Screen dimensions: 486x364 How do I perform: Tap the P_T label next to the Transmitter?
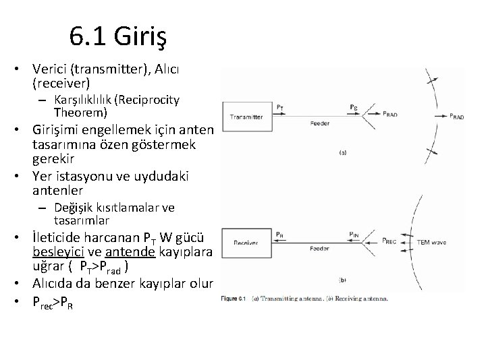coord(280,106)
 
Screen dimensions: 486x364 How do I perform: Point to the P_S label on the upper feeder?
coord(354,107)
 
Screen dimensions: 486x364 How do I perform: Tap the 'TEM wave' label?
coord(433,242)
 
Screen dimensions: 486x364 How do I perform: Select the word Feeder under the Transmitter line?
coord(319,123)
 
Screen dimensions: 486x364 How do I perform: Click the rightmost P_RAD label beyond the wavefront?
coord(456,116)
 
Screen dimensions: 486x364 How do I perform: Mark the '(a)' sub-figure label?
coord(343,153)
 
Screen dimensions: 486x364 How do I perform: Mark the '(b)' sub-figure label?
coord(343,278)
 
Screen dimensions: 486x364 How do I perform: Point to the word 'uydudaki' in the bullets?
coord(155,177)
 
